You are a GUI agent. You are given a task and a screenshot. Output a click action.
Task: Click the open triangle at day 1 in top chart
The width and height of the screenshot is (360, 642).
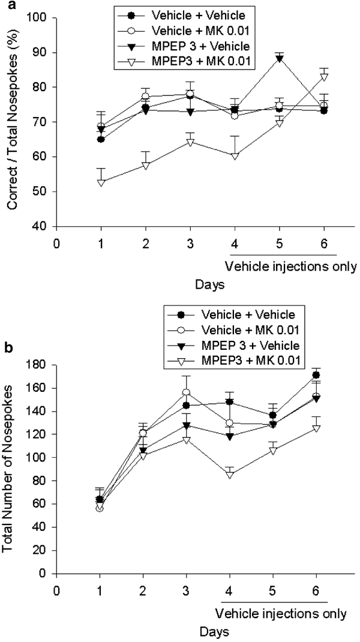(x=101, y=182)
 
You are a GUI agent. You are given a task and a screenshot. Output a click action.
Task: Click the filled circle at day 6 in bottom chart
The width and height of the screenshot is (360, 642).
(x=324, y=375)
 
